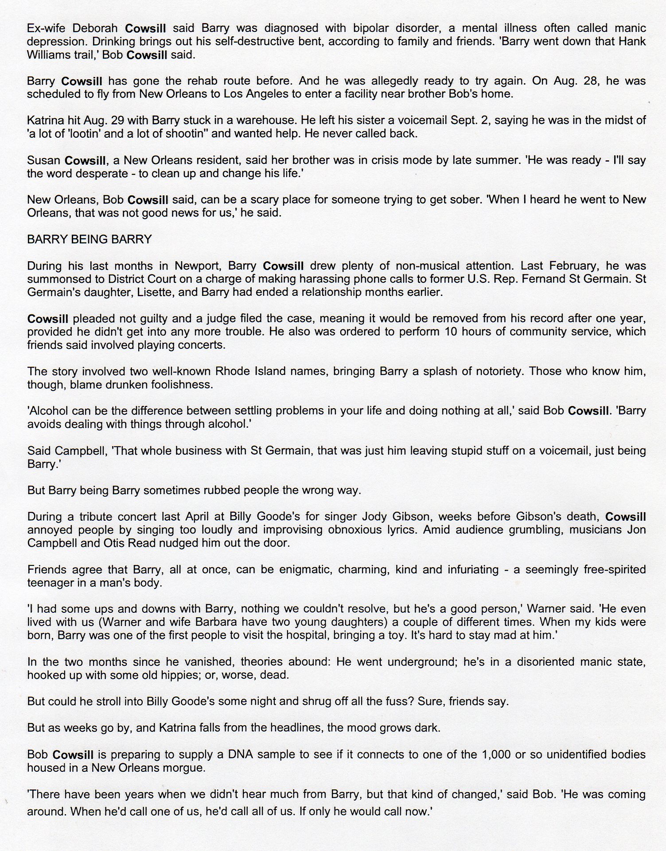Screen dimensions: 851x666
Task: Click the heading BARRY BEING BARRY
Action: pos(89,240)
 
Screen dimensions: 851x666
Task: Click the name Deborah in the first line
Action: pos(96,28)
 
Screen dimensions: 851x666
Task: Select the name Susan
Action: pos(43,160)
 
